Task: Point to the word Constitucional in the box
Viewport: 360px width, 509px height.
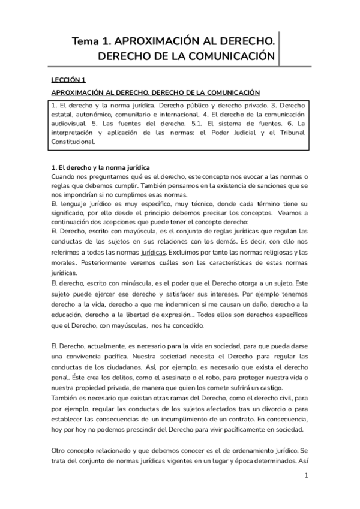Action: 74,142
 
